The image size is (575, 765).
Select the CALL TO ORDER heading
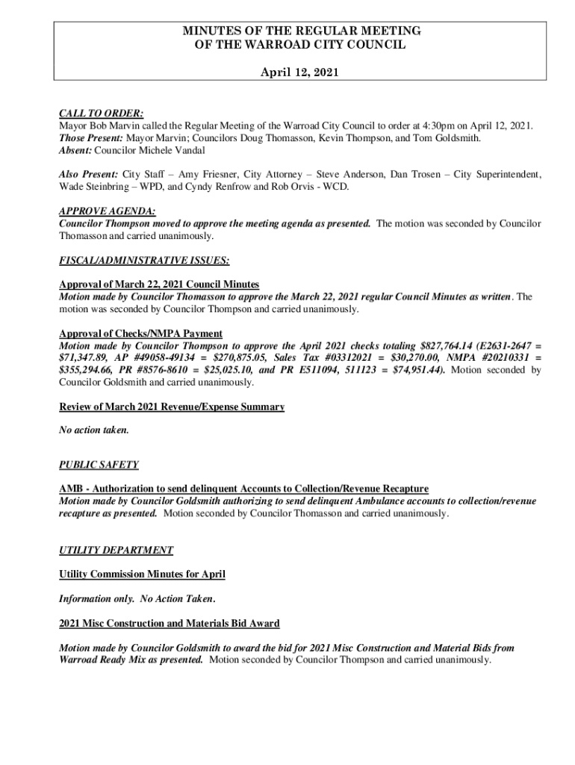[x=101, y=114]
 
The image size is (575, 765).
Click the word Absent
[x=75, y=151]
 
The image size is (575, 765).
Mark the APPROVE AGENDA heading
[x=107, y=211]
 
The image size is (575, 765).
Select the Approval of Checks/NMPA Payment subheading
[x=140, y=333]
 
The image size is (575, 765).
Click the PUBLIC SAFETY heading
[x=99, y=465]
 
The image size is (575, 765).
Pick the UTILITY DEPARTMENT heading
[x=116, y=550]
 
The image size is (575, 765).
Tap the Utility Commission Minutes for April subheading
[x=142, y=574]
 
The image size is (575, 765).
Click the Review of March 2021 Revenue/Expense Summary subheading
[x=172, y=406]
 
